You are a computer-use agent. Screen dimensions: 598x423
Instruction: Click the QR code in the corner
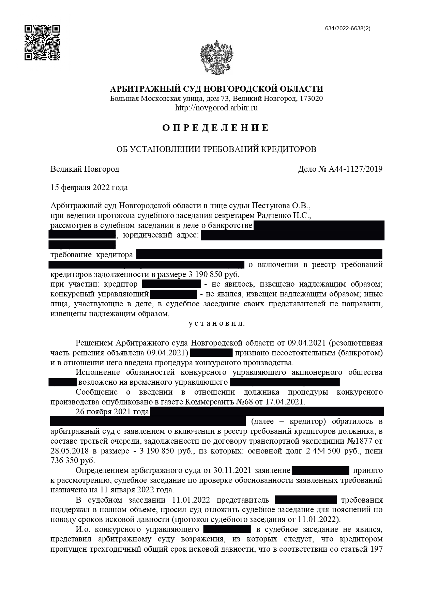coord(42,43)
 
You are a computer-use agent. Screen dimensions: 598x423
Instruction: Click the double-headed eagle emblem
coord(216,57)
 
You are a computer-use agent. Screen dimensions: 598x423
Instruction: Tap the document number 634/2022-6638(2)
coord(348,29)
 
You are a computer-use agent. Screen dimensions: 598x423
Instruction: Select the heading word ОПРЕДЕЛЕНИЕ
coord(216,128)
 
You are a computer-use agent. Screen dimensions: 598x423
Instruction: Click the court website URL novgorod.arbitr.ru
coord(216,108)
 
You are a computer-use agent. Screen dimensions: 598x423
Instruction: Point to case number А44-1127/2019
coord(355,169)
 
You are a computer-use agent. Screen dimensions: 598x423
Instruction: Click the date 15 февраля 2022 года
coord(89,187)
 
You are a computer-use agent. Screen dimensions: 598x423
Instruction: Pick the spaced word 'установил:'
coord(216,323)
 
